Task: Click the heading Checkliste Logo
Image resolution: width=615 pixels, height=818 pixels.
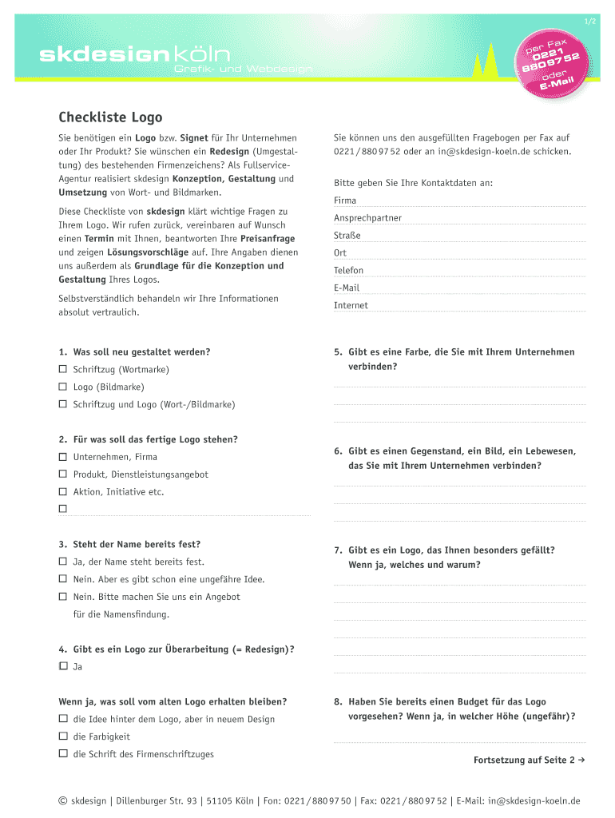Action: tap(110, 117)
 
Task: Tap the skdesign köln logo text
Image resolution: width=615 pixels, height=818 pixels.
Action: tap(136, 55)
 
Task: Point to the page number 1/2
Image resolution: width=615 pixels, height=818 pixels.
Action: tap(589, 22)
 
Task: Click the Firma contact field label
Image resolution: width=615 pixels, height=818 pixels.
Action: tap(345, 201)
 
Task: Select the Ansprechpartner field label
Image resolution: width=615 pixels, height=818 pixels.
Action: tap(367, 218)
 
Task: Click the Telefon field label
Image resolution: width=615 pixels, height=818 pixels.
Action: tap(348, 271)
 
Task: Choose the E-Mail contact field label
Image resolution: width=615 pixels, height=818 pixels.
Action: tap(347, 288)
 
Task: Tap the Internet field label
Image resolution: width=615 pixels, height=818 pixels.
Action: tap(351, 305)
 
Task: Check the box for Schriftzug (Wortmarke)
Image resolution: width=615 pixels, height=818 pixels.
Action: tap(62, 370)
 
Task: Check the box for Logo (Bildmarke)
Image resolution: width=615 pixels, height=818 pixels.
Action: tap(62, 387)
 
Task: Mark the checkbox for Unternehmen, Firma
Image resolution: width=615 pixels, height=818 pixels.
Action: tap(62, 458)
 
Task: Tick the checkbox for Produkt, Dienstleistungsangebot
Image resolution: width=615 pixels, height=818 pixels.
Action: tap(62, 475)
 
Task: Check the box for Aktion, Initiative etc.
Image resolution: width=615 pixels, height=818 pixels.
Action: tap(62, 493)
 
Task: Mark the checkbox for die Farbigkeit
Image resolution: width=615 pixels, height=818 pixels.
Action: tap(62, 737)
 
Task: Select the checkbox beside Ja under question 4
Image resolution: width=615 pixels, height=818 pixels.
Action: tap(62, 666)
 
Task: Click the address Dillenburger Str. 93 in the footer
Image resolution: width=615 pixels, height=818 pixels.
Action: tap(157, 801)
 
